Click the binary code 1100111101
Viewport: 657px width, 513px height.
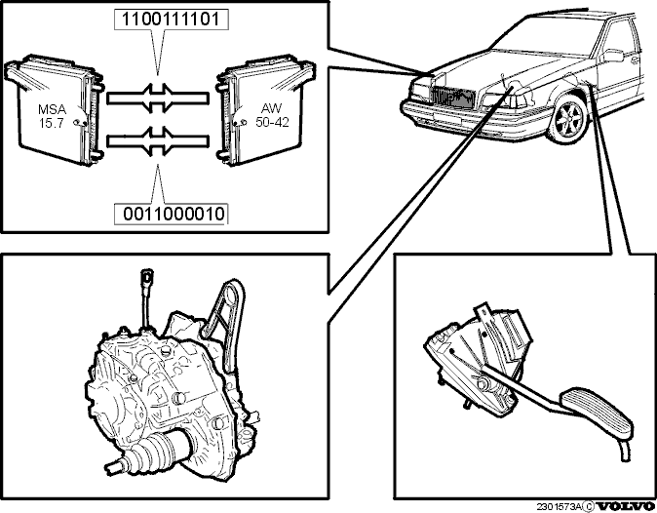coord(171,20)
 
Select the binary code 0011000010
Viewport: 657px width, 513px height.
coord(174,215)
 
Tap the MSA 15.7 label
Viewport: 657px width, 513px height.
coord(52,116)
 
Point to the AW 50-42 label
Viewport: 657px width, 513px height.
coord(272,115)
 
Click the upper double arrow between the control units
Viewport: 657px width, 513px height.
coord(158,98)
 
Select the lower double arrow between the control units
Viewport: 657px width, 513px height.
coord(158,141)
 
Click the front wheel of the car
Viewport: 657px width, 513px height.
coord(567,119)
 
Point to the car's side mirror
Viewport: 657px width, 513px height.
coord(612,57)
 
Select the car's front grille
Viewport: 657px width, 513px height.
coord(452,98)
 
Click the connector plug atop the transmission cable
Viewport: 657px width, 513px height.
coord(146,276)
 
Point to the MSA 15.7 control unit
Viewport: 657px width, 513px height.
coord(54,108)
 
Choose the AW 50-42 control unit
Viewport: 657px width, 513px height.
coord(265,108)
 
